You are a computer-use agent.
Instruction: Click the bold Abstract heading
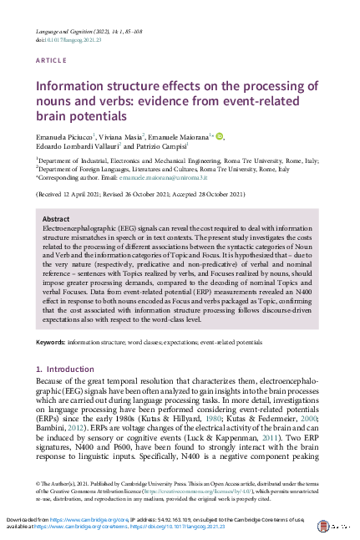pyautogui.click(x=55, y=218)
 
